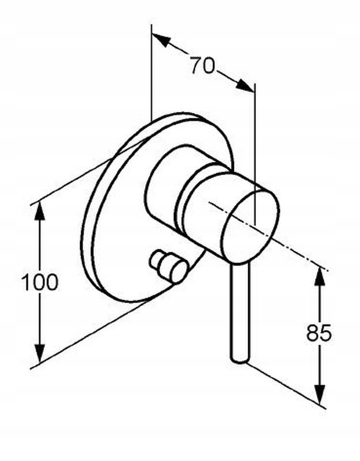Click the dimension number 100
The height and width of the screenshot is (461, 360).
40,282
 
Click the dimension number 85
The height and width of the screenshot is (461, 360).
319,333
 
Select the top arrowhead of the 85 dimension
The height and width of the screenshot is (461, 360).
319,275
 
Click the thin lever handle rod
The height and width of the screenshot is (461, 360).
240,311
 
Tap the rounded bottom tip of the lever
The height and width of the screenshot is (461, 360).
240,358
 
